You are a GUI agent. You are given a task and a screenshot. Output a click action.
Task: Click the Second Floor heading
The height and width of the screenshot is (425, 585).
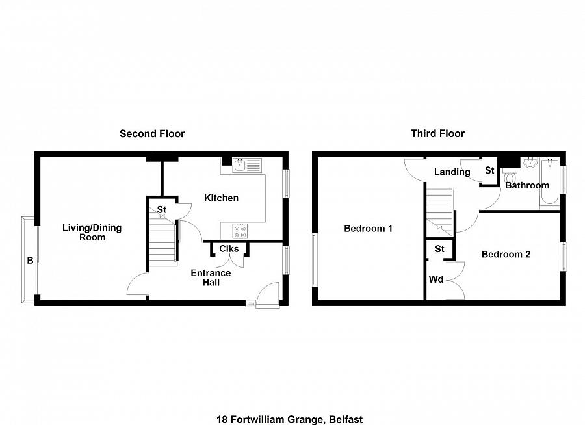pos(152,134)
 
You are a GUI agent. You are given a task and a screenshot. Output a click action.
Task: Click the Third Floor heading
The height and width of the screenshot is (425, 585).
pos(437,134)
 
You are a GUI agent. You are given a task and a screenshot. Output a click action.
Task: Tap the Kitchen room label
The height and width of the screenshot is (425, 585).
pos(221,198)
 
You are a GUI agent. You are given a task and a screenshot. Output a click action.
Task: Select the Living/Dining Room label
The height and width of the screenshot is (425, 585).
pos(92,233)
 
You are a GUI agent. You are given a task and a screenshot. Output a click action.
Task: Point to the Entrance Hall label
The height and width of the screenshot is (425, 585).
pos(210,277)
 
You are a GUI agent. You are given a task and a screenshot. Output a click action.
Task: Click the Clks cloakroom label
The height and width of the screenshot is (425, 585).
pos(229,249)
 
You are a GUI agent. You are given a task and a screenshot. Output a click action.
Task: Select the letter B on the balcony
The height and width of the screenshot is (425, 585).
pos(29,261)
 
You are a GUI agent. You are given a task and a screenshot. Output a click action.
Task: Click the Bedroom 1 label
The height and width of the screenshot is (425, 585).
pos(368,229)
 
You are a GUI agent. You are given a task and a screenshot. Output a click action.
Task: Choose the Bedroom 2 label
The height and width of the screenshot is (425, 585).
pos(506,254)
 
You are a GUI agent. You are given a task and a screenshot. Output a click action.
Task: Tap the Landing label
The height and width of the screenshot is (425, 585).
pos(452,172)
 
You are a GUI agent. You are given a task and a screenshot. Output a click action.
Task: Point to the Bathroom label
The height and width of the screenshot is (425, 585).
pos(527,185)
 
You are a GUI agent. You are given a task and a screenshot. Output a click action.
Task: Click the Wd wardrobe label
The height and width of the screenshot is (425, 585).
pos(436,280)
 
